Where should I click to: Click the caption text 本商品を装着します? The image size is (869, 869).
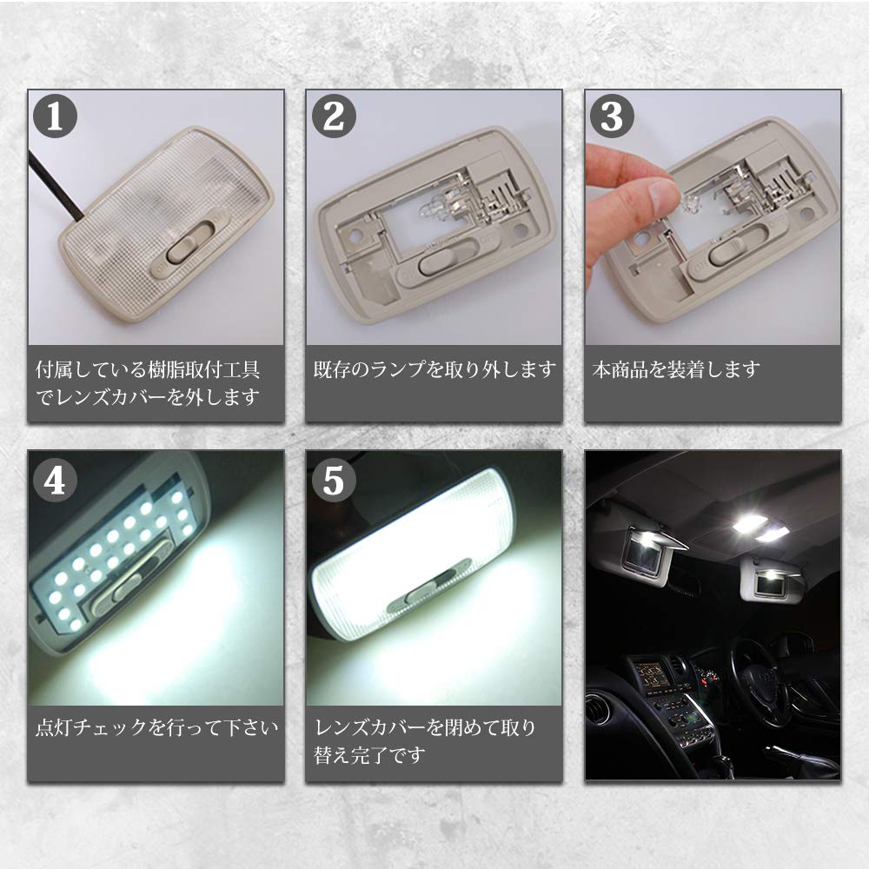pyautogui.click(x=676, y=369)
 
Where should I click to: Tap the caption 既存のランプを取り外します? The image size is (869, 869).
pyautogui.click(x=434, y=369)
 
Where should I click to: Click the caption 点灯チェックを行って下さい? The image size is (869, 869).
pyautogui.click(x=156, y=726)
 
